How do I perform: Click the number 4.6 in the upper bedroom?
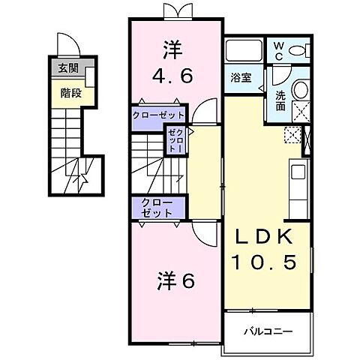click(175, 75)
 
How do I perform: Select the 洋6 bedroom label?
click(176, 282)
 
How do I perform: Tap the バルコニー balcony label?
click(268, 331)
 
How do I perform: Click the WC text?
click(277, 50)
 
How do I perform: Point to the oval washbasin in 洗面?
click(300, 89)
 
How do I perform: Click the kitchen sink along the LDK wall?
click(297, 172)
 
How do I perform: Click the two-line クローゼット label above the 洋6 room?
click(154, 208)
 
